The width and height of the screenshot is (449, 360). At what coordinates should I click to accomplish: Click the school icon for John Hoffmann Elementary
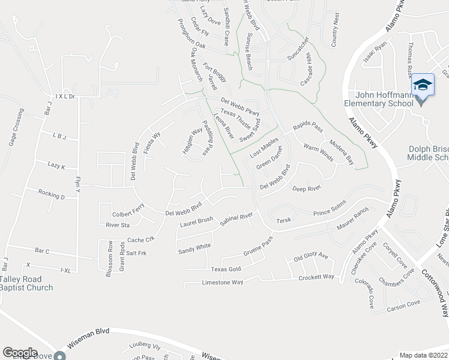pos(423,84)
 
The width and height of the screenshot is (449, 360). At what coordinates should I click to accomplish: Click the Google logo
pos(20,352)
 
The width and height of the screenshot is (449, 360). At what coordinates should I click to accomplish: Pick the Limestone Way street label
pos(222,282)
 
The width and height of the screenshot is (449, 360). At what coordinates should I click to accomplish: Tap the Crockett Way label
pos(316,277)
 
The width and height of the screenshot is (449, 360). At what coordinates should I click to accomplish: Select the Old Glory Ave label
pos(310,257)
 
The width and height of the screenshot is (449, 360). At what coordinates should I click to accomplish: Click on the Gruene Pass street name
pos(258,244)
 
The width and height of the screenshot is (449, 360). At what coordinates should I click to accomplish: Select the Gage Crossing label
pos(17,128)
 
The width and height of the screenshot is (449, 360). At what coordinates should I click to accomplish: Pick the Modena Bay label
pos(342,152)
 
